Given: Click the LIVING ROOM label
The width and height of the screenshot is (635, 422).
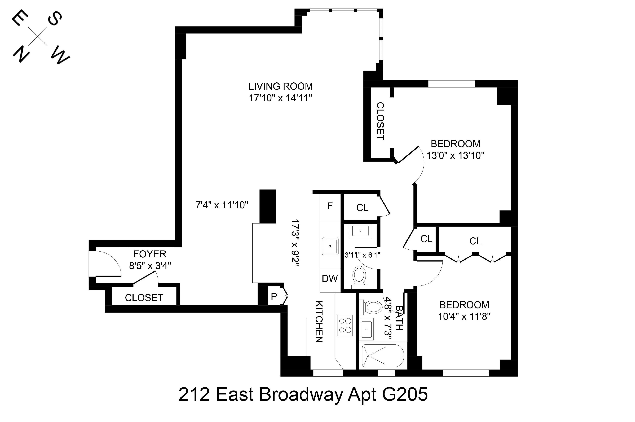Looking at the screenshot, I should (280, 86).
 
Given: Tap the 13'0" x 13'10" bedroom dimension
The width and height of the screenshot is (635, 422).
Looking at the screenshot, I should (455, 156).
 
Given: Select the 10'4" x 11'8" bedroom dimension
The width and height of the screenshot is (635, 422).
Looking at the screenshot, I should (464, 316).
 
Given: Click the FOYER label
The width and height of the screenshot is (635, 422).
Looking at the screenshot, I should (150, 254).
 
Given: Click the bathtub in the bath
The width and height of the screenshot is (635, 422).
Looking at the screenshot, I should (383, 356).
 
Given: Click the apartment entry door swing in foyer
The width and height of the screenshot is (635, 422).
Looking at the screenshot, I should (107, 263).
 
